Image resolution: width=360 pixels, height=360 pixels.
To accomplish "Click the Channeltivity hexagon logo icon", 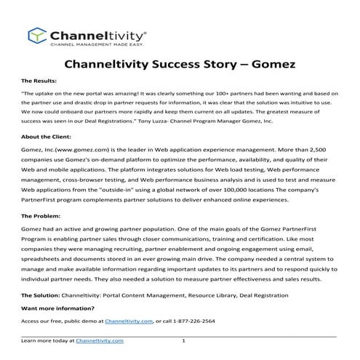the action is (x=36, y=36).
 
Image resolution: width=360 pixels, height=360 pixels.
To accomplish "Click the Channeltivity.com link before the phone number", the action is (x=129, y=321).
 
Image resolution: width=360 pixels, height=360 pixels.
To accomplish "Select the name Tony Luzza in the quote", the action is (x=204, y=123).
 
